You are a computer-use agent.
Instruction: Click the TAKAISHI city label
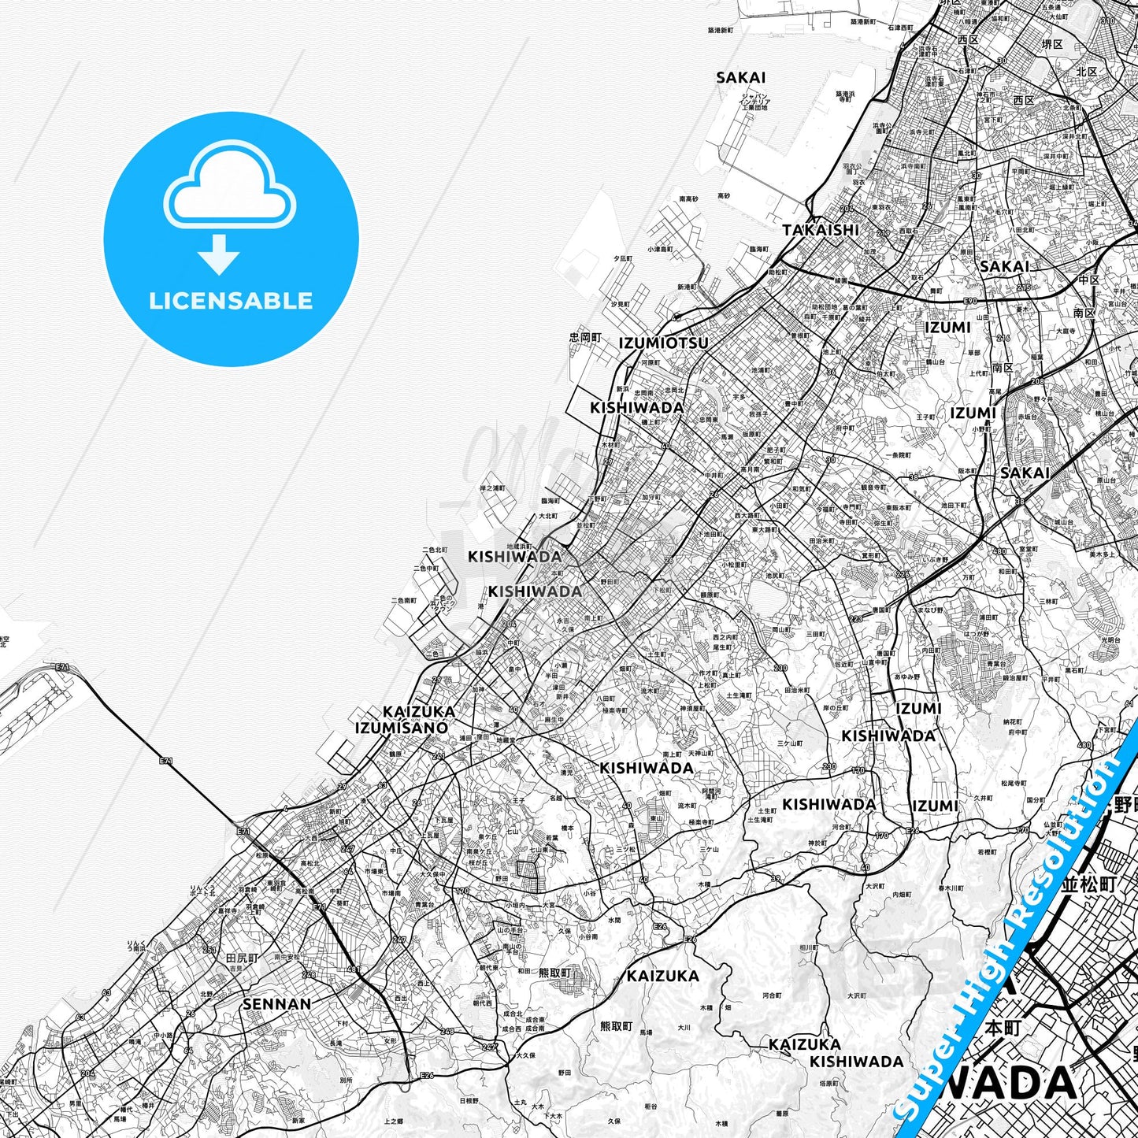[821, 230]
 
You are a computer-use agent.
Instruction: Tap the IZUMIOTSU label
[663, 343]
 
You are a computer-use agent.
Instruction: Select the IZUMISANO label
[402, 728]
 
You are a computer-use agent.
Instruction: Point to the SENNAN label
[276, 1004]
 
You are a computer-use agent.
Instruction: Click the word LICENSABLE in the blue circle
[231, 300]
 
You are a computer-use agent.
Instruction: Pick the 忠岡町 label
[585, 337]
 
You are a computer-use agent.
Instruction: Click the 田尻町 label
[242, 958]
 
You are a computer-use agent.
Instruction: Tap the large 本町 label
[1003, 1029]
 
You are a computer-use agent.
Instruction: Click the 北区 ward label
[1087, 72]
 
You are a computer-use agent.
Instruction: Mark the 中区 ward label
[1089, 280]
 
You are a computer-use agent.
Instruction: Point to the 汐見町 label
[620, 304]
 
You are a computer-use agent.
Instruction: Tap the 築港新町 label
[720, 30]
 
